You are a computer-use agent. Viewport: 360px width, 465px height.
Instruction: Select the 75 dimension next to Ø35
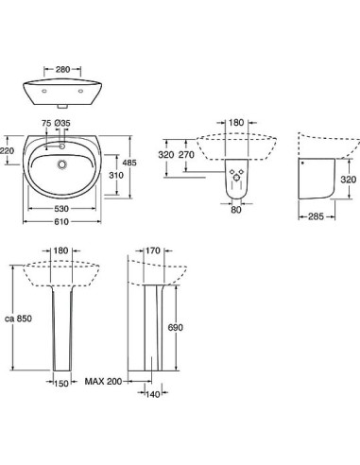tap(45, 124)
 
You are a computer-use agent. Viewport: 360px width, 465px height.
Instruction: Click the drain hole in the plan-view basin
tap(63, 164)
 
